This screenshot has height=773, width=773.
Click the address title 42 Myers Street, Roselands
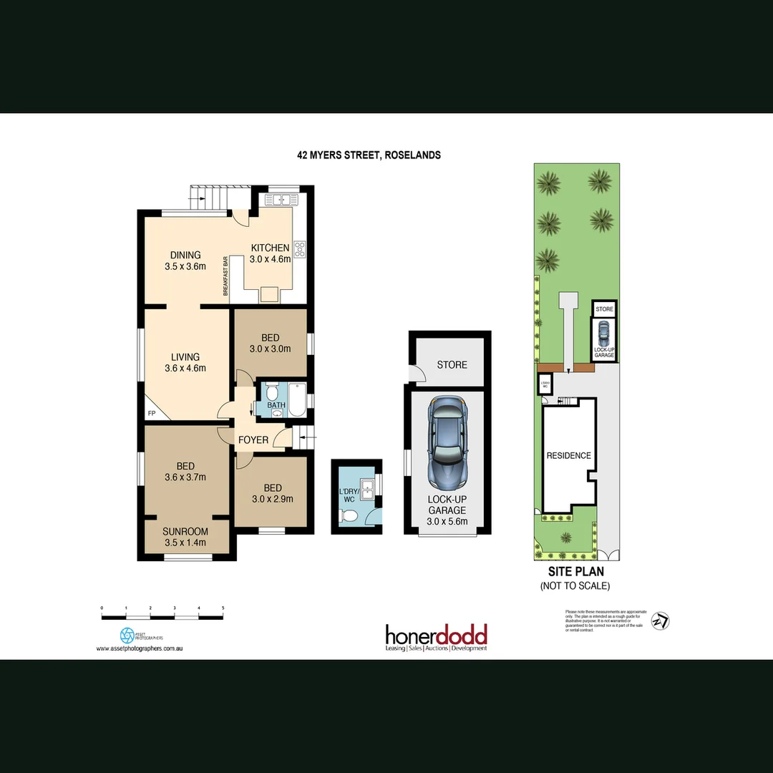click(x=369, y=155)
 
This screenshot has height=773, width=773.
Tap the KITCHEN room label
click(x=270, y=248)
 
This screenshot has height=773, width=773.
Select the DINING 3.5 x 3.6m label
click(x=185, y=261)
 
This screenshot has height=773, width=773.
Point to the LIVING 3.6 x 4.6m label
click(x=185, y=363)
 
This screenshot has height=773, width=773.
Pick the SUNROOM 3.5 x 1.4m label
click(x=185, y=537)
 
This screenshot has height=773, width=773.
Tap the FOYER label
click(x=253, y=440)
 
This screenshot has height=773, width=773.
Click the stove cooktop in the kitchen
click(x=299, y=250)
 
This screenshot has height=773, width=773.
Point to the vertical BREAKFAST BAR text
click(x=225, y=276)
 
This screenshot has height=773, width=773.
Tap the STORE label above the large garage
click(x=452, y=365)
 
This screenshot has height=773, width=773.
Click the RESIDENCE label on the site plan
click(x=569, y=456)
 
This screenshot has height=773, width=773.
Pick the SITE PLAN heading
click(x=575, y=572)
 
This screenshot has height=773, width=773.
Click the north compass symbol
click(x=662, y=621)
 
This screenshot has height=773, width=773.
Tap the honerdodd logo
click(x=436, y=637)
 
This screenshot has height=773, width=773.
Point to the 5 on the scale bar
click(x=223, y=608)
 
